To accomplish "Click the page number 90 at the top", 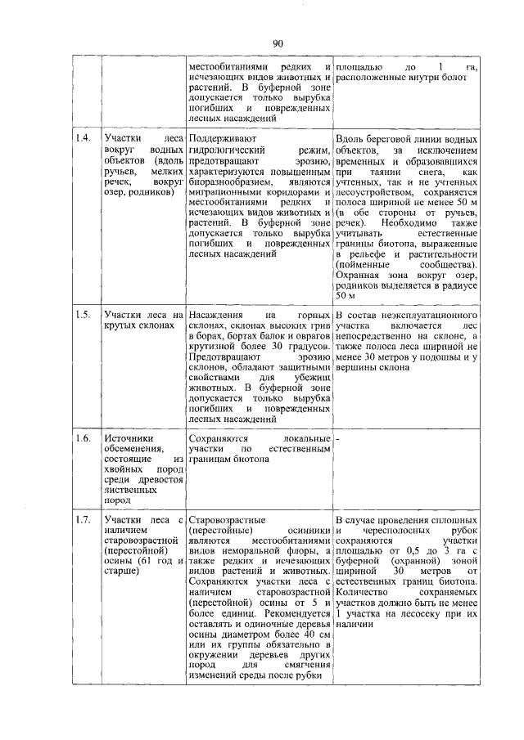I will (278, 43).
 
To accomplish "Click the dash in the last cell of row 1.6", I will (339, 439).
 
